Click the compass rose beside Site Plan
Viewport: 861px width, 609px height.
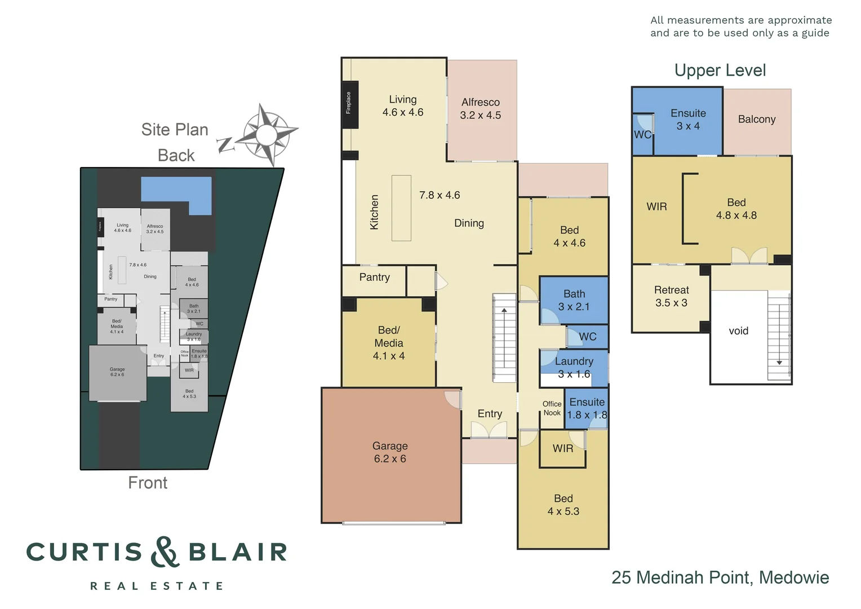click(265, 135)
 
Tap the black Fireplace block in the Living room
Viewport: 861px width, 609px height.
click(349, 104)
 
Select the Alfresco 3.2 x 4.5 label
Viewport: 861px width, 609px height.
click(480, 109)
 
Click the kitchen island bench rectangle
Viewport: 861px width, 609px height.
click(401, 208)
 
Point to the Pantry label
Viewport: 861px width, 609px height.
click(374, 277)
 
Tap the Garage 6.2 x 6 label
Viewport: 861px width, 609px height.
click(390, 452)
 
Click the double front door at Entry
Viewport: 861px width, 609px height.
click(489, 430)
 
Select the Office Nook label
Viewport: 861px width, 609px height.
click(552, 408)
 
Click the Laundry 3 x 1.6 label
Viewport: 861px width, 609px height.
click(574, 368)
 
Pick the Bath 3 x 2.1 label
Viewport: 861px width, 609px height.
click(574, 300)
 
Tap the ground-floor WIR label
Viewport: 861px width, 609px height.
click(562, 449)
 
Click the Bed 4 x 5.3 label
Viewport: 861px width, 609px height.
click(563, 505)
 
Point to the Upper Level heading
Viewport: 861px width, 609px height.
click(720, 70)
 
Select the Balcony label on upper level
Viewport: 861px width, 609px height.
click(756, 120)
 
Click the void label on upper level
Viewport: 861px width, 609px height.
click(738, 331)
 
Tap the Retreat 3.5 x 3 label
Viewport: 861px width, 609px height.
click(671, 297)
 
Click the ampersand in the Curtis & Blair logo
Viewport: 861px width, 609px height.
click(165, 551)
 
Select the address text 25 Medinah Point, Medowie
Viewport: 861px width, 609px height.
click(720, 577)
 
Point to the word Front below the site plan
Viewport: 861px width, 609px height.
click(148, 483)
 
